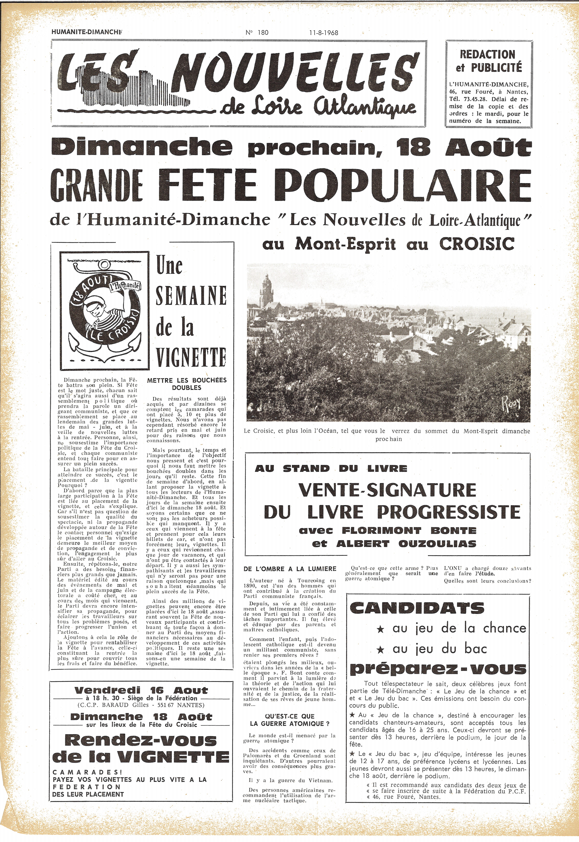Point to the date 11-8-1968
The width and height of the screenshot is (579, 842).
(x=321, y=32)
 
